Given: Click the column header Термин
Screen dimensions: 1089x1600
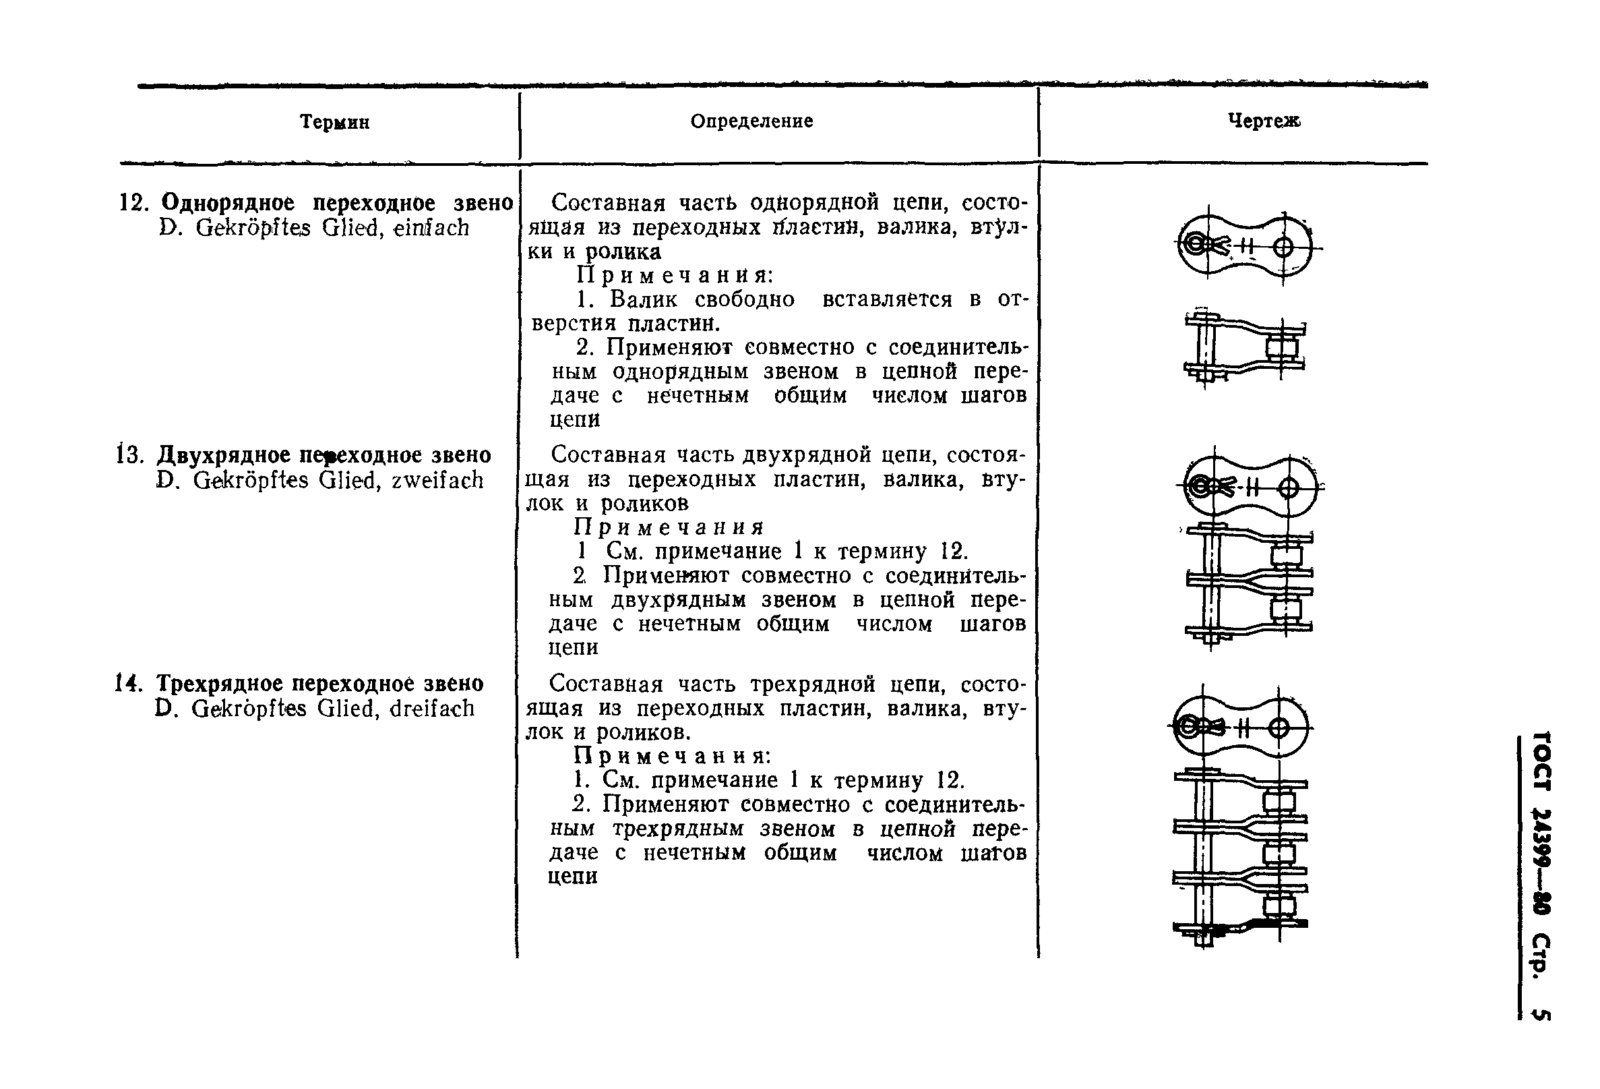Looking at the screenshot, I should coord(334,123).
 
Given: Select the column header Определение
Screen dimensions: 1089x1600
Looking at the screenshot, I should coord(751,121).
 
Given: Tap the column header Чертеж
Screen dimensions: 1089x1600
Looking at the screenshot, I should coord(1264,121).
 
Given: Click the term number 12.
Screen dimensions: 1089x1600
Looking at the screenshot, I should coord(133,203).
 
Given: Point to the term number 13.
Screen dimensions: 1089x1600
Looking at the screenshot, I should coord(129,455).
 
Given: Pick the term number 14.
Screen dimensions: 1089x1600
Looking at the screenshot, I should coord(128,683).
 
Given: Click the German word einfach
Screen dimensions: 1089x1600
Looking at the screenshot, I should coord(431,228).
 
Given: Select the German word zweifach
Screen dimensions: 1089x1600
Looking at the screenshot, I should coord(437,480).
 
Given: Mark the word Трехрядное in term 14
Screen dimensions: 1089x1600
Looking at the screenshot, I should coord(218,683).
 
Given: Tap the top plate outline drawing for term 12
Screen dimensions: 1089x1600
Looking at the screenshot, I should coord(1246,247).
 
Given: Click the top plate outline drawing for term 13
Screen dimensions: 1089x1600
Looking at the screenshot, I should coord(1250,487).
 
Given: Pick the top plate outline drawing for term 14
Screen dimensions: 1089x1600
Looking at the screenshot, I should coord(1240,728).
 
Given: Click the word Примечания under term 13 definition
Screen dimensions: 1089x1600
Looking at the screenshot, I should coord(669,527).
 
